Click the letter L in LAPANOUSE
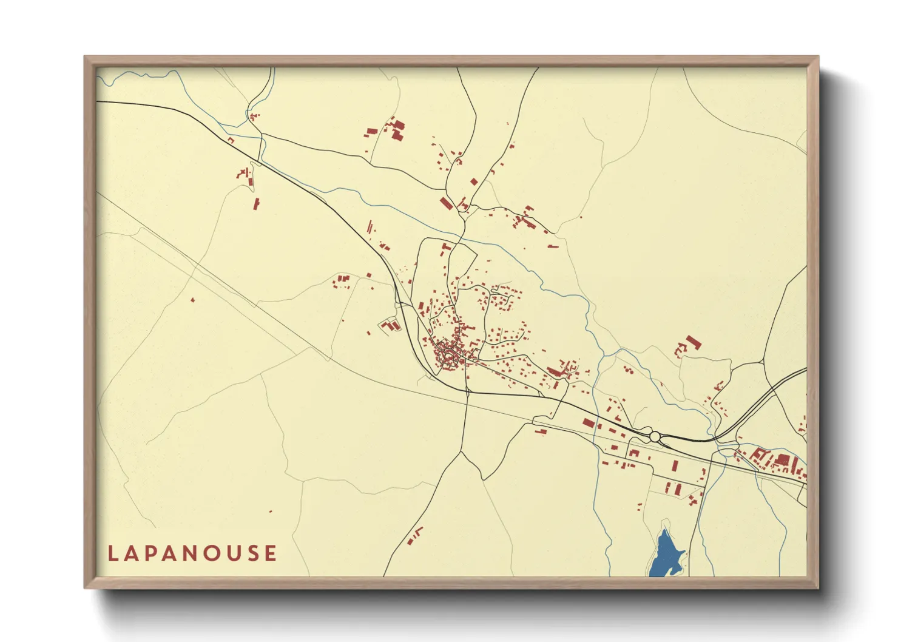112,553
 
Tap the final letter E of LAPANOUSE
272,553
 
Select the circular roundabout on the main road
655,436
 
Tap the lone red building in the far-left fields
193,300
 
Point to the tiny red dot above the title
271,512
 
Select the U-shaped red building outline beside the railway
391,325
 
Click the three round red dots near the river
628,369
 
